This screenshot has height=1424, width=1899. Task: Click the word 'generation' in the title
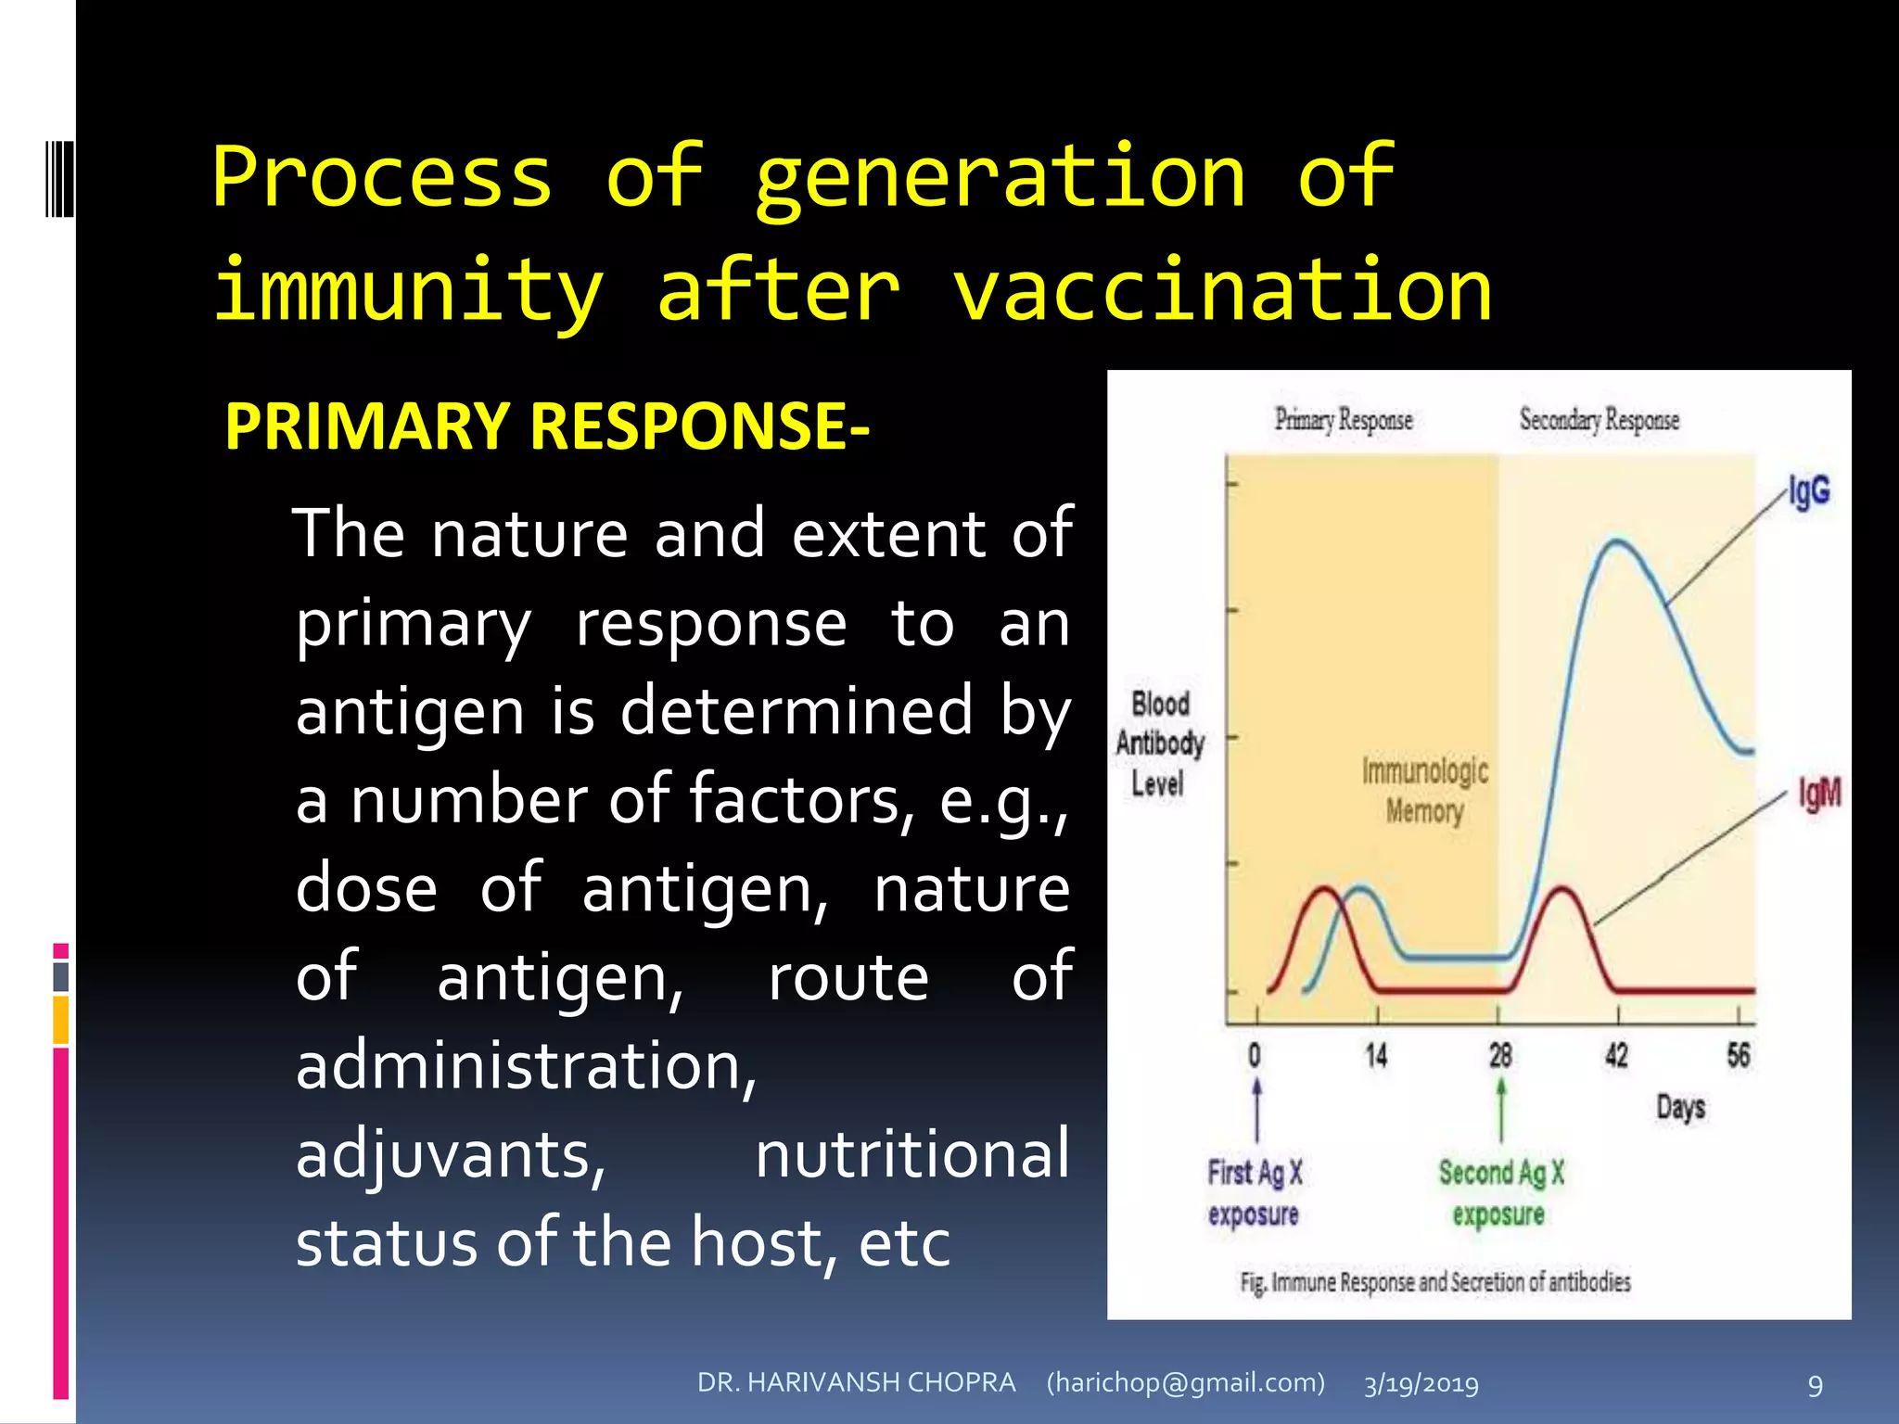(1000, 178)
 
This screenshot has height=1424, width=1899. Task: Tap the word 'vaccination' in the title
(1222, 291)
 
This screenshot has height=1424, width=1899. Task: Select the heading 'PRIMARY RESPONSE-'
(547, 426)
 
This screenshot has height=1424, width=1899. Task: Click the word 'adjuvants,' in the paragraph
(451, 1155)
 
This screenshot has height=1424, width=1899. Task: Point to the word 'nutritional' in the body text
(912, 1155)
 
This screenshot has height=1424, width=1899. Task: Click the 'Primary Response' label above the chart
(1343, 420)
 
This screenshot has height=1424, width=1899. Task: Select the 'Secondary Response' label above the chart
(1599, 420)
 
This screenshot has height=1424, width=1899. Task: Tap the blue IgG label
(1809, 491)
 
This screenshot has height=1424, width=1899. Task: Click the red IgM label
(1819, 794)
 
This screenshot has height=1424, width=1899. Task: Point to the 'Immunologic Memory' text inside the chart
(1425, 790)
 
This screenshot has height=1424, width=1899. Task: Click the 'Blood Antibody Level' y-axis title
(1159, 744)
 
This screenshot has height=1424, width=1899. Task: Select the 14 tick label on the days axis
(1376, 1055)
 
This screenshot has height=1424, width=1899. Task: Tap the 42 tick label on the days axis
(1616, 1055)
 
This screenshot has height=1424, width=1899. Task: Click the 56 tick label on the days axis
(1738, 1055)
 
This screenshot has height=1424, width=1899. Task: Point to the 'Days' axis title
(1680, 1107)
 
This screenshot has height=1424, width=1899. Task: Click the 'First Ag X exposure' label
(1255, 1193)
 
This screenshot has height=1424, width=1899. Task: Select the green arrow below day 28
(1501, 1108)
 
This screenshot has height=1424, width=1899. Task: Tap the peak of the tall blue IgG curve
(1617, 541)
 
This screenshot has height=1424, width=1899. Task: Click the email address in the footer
(1185, 1382)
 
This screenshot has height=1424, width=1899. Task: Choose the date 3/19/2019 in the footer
(1421, 1384)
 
